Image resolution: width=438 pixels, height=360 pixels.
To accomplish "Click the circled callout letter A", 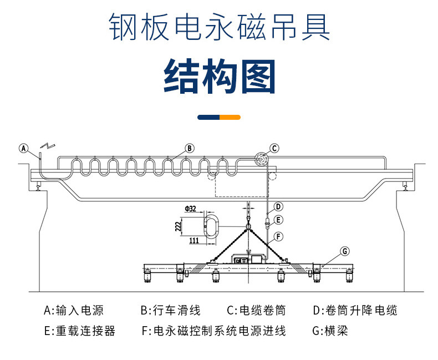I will [x=23, y=148].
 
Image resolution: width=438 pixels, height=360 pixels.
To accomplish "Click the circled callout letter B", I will [x=189, y=148].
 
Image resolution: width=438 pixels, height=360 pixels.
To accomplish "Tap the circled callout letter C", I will [x=274, y=148].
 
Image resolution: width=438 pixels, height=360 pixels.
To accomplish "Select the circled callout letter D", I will [x=279, y=206].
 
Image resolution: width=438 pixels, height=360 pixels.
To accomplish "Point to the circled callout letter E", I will [x=279, y=220].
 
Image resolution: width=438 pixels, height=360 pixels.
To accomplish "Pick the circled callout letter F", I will [x=279, y=236].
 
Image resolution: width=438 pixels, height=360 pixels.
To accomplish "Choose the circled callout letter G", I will [x=345, y=251].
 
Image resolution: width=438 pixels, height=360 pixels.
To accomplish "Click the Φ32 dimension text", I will [x=191, y=209].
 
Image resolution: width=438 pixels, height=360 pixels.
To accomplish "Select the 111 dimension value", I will [x=193, y=241].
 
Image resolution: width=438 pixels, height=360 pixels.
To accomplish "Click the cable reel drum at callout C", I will [x=261, y=160].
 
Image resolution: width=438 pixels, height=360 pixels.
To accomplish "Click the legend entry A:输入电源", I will [x=74, y=310].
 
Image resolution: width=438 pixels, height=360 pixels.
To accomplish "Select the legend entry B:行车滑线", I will [x=170, y=310].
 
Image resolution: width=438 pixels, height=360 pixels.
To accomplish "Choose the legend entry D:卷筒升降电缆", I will [x=355, y=310].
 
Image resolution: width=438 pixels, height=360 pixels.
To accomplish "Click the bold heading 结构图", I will [x=219, y=76].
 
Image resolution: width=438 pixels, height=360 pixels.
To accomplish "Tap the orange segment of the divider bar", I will [x=230, y=117].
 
